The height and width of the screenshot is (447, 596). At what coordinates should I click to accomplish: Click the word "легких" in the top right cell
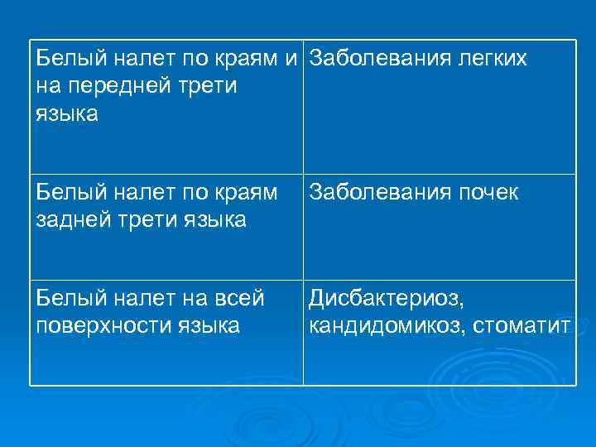tap(488, 60)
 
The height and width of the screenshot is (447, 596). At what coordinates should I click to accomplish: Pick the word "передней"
tap(113, 87)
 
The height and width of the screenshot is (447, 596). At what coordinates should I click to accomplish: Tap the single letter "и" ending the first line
tap(292, 60)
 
